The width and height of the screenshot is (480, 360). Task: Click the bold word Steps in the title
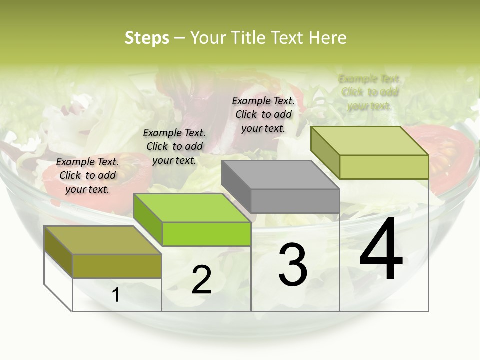147,38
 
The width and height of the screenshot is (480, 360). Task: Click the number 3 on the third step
293,265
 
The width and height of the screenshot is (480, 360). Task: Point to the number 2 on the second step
201,280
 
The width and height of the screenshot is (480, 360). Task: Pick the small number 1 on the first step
116,295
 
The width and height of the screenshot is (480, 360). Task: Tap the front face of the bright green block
206,234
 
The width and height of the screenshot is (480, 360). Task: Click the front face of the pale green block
383,167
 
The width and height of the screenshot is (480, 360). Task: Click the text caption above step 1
87,175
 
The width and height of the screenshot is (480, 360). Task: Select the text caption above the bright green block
174,146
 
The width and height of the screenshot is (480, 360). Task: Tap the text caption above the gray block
263,114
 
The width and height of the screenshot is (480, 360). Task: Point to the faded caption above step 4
369,92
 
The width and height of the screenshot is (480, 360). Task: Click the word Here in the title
327,38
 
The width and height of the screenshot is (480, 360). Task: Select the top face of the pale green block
370,141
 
